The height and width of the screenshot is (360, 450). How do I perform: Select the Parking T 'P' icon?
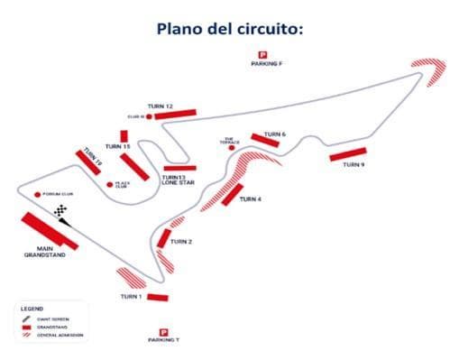163,332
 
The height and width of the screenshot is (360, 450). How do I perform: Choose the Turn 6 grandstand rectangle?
271,142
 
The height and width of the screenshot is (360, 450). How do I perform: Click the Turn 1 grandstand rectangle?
157,297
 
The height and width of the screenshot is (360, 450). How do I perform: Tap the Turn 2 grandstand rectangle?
164,238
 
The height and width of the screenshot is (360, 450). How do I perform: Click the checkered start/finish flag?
60,212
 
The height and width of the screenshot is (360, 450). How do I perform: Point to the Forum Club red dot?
38,194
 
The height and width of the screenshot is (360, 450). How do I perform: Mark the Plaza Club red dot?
109,185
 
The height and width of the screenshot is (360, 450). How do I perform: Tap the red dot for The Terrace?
232,147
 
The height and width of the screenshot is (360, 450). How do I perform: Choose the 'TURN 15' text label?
117,146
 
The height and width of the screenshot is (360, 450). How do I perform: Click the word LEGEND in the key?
32,309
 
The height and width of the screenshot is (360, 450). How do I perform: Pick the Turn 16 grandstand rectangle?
89,162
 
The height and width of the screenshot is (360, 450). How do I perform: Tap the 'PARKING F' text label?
267,64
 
